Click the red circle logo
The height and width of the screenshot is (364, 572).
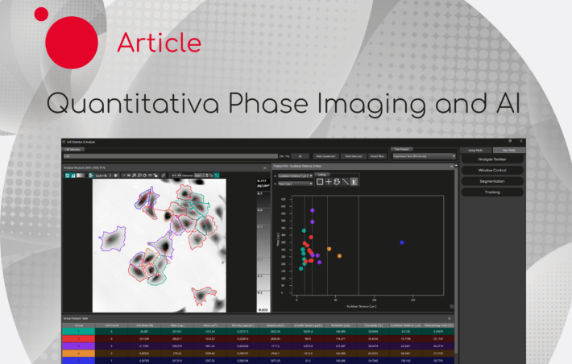coord(72,42)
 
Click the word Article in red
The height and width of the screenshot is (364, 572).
coord(159,42)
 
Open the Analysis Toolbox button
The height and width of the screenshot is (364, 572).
coord(491,159)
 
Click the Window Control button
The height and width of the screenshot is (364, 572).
coord(491,170)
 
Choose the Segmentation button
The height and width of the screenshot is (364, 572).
coord(491,181)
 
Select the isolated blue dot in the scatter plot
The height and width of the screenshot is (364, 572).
coord(402,242)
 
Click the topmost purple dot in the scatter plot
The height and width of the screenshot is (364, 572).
coord(313,211)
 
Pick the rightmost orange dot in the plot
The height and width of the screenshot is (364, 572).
coord(339,255)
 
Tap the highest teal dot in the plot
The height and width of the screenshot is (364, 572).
coord(303,230)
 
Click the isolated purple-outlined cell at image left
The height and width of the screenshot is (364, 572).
coord(110,238)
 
